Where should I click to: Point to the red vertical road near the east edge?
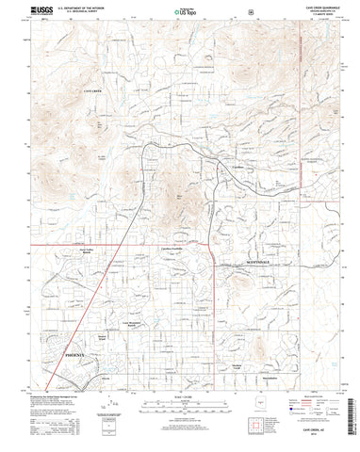coord(299,141)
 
